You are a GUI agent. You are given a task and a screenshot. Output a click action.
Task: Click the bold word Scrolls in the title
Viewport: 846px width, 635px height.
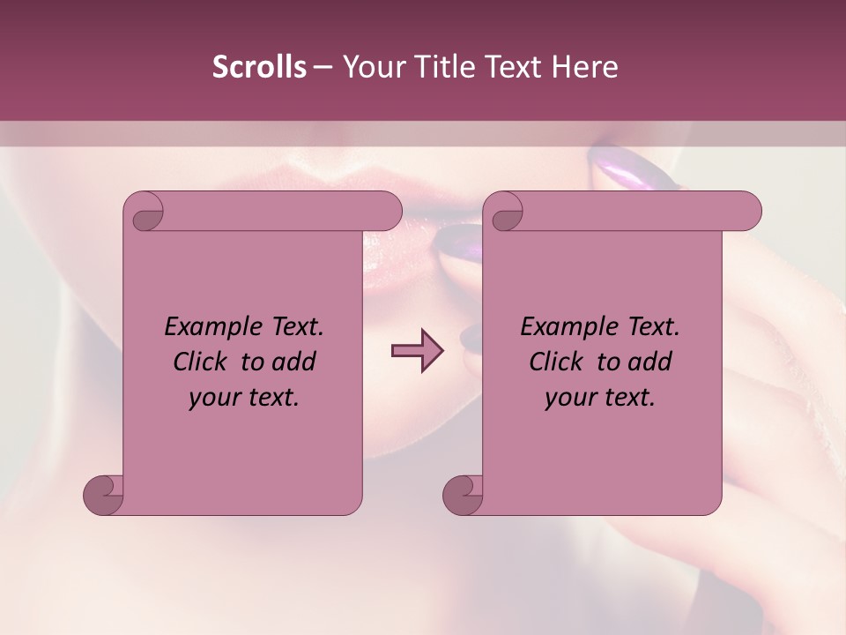[x=260, y=67]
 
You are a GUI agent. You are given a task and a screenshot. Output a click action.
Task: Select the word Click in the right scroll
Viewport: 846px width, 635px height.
[x=557, y=362]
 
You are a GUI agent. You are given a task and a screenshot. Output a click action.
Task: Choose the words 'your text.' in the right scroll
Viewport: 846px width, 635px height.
[x=600, y=398]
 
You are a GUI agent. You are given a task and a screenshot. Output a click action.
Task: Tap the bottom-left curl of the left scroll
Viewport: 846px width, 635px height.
[x=104, y=494]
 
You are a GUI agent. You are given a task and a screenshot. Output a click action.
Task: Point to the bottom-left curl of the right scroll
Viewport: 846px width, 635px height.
[x=464, y=494]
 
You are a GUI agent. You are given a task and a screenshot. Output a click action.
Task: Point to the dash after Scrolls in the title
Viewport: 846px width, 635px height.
[x=323, y=67]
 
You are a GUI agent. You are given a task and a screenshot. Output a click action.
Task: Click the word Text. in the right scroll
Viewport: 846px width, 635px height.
[x=653, y=327]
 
